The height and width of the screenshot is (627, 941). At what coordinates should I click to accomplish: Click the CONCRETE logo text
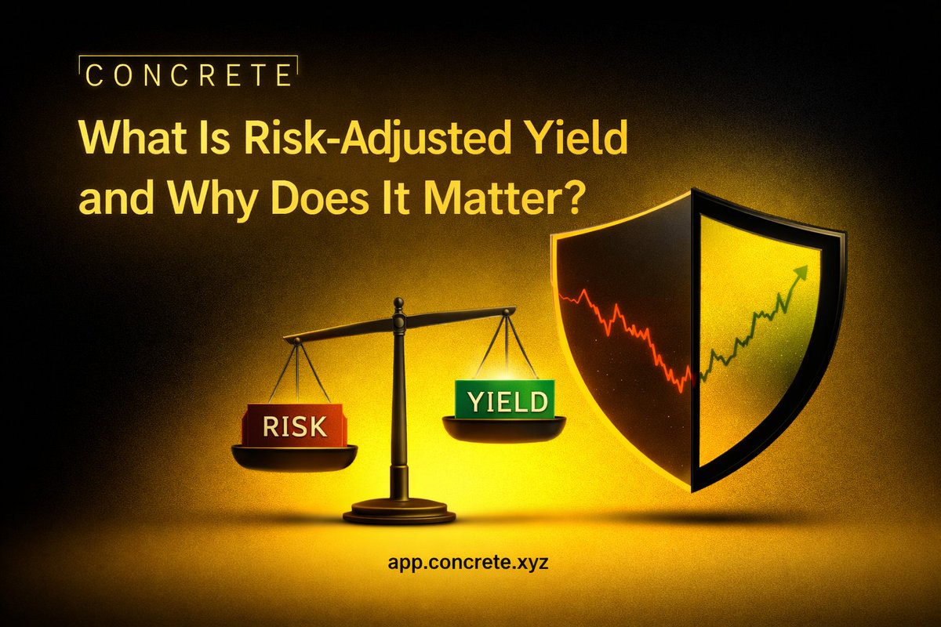(x=188, y=75)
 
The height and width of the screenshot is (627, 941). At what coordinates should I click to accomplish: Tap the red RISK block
(x=294, y=425)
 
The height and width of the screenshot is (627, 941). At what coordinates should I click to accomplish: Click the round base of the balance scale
(x=400, y=513)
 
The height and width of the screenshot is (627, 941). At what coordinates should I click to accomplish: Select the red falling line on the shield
(x=627, y=329)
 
